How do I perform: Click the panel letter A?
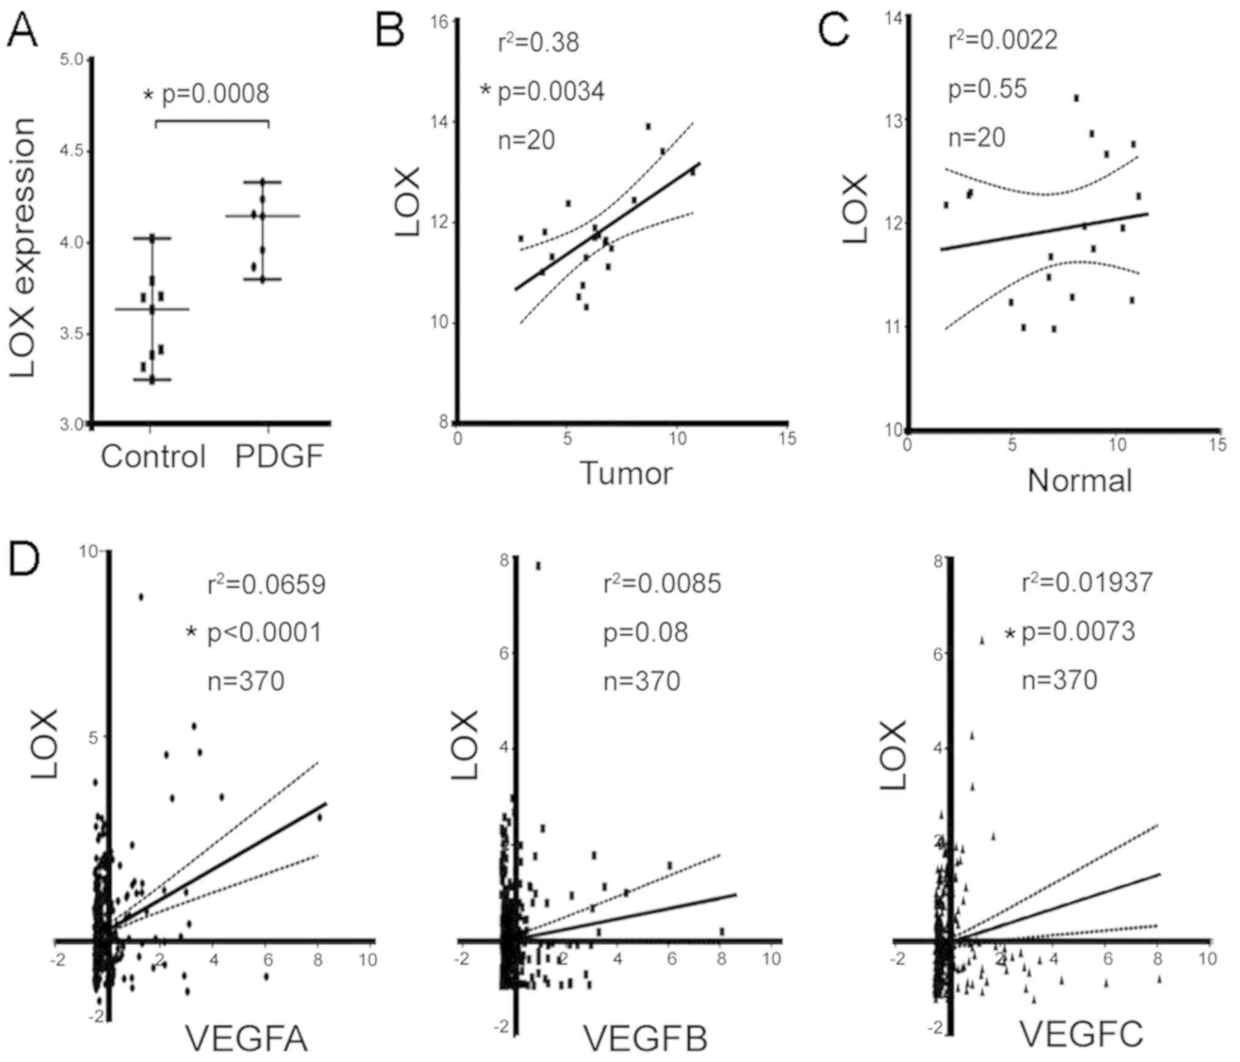coord(22,31)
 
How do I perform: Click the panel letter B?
coord(390,31)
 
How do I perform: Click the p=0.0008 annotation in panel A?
coord(214,94)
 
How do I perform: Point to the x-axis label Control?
coord(153,457)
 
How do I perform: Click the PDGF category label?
coord(279,457)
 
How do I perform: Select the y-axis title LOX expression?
coord(23,247)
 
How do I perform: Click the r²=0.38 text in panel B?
coord(538,43)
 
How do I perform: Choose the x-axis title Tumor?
coord(626,473)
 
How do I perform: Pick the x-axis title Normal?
coord(1079,480)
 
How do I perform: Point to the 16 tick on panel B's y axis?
coord(441,22)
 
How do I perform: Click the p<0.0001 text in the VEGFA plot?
coord(264,633)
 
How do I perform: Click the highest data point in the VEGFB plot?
coord(538,566)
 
